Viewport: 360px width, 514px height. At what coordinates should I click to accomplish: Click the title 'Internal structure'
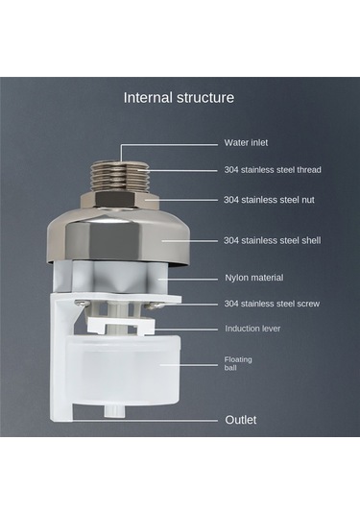[179, 98]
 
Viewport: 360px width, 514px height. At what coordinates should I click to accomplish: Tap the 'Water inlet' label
[246, 143]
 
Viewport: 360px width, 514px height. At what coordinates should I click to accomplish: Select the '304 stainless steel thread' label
[273, 170]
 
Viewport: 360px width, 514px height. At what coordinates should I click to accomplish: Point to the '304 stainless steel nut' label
[269, 200]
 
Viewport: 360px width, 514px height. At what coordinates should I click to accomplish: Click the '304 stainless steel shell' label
[273, 240]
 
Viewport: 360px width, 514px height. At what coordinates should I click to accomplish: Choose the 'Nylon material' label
[253, 278]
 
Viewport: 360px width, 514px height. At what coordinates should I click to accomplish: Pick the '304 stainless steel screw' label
[272, 304]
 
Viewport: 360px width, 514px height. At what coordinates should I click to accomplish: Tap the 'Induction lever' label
[252, 329]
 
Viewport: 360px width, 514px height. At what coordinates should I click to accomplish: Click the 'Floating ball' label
[238, 363]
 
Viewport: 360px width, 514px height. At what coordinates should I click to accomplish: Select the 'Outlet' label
[241, 420]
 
